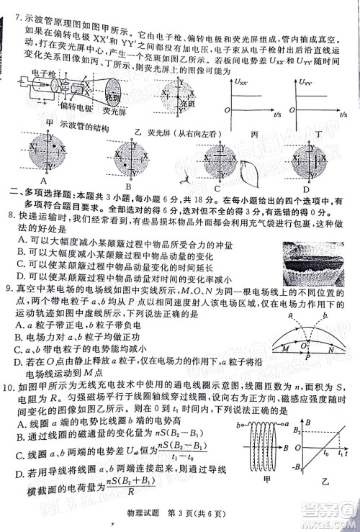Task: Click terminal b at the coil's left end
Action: tap(238, 426)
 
